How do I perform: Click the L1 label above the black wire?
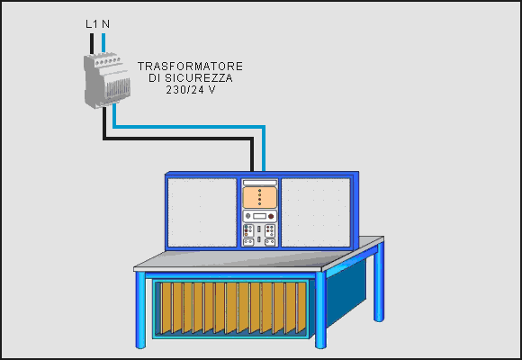[x=92, y=24]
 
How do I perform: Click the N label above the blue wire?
[x=105, y=24]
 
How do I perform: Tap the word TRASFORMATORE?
[x=190, y=66]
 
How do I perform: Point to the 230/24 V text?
[x=191, y=90]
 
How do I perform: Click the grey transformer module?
[x=107, y=81]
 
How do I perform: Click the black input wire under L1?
[x=92, y=43]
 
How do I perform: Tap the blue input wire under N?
[x=103, y=43]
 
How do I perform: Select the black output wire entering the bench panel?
[x=178, y=139]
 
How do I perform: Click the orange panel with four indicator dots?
[x=260, y=197]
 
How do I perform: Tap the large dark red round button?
[x=271, y=217]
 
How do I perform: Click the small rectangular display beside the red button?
[x=260, y=217]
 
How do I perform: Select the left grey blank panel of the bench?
[x=202, y=212]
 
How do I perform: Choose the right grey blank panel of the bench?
[x=316, y=212]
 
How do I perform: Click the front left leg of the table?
[x=140, y=310]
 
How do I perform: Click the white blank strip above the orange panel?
[x=260, y=183]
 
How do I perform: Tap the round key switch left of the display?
[x=248, y=217]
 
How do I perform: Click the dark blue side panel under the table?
[x=346, y=292]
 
